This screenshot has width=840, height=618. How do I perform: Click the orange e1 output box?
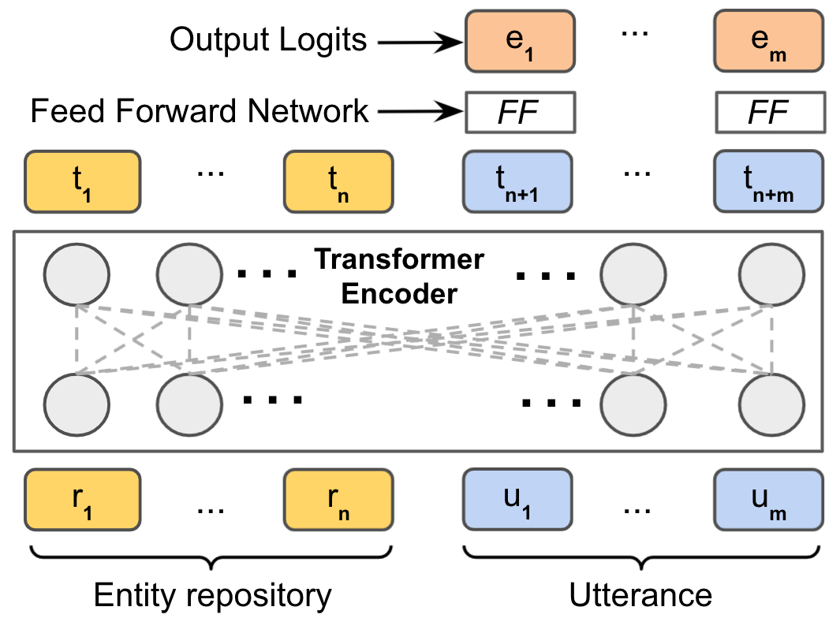(518, 39)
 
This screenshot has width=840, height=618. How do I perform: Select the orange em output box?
(769, 39)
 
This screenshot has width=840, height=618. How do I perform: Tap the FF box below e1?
(518, 112)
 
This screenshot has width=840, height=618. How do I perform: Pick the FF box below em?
(769, 112)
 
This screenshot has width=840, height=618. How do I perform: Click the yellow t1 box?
(82, 182)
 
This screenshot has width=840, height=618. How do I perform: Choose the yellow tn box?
(339, 182)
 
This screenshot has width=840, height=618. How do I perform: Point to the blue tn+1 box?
(517, 182)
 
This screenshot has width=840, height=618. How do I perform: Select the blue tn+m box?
(769, 182)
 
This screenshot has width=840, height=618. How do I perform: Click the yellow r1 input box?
(82, 499)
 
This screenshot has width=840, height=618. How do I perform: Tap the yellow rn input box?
(339, 499)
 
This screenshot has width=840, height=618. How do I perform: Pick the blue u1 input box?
(517, 499)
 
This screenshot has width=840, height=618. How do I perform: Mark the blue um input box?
(769, 499)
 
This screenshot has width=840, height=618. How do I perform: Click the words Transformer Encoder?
(400, 275)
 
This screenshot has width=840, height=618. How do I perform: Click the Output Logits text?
(269, 39)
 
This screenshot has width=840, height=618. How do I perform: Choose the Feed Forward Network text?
(200, 111)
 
